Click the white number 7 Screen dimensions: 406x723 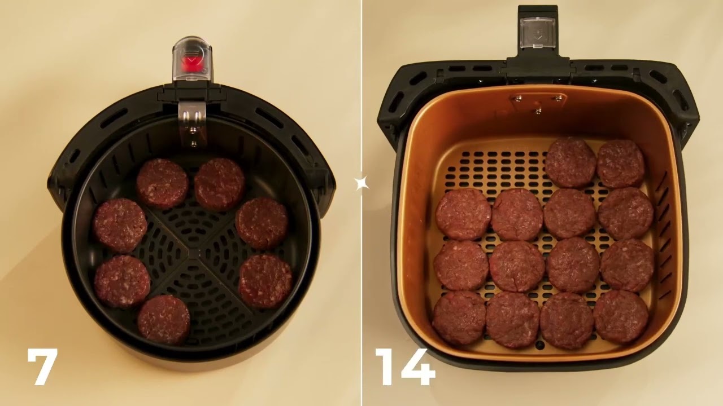pyautogui.click(x=42, y=367)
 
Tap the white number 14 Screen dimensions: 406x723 pyautogui.click(x=406, y=367)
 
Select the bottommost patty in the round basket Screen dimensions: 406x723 pyautogui.click(x=164, y=320)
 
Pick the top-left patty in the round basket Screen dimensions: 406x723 pyautogui.click(x=162, y=183)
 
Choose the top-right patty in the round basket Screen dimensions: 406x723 pyautogui.click(x=219, y=184)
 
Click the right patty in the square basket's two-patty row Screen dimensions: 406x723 pyautogui.click(x=620, y=164)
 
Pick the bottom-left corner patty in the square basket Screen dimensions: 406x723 pyautogui.click(x=459, y=317)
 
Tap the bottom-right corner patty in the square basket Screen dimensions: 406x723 pyautogui.click(x=621, y=317)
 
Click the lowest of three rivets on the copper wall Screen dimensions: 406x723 pyautogui.click(x=538, y=111)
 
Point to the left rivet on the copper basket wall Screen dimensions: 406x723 pyautogui.click(x=517, y=99)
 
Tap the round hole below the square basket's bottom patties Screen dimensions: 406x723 pyautogui.click(x=540, y=345)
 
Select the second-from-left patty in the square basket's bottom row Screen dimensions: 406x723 pyautogui.click(x=513, y=320)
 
